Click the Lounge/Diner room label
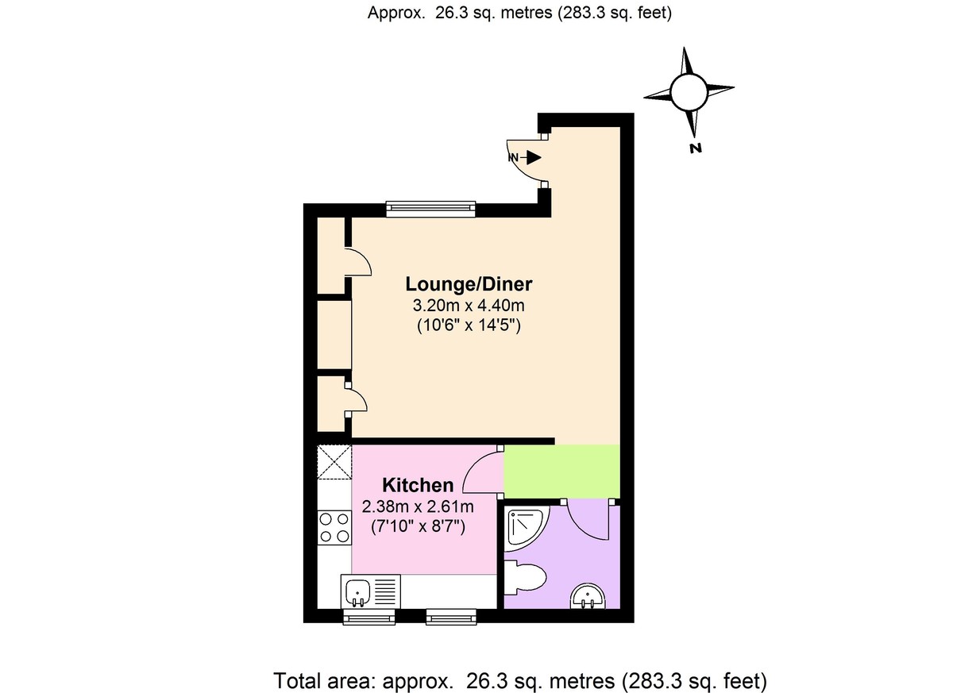click(x=469, y=284)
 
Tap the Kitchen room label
click(x=418, y=485)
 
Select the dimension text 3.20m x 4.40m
click(x=469, y=306)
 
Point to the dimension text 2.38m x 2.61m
click(x=418, y=506)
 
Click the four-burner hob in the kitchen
click(x=334, y=528)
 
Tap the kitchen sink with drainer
click(x=371, y=591)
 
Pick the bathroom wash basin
click(x=588, y=596)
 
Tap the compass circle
click(x=689, y=91)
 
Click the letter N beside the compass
click(x=695, y=148)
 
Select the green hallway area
click(x=561, y=472)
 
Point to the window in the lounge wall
click(x=430, y=210)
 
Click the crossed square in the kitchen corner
click(x=334, y=462)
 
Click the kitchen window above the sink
click(x=368, y=617)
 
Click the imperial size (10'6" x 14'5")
click(x=469, y=325)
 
